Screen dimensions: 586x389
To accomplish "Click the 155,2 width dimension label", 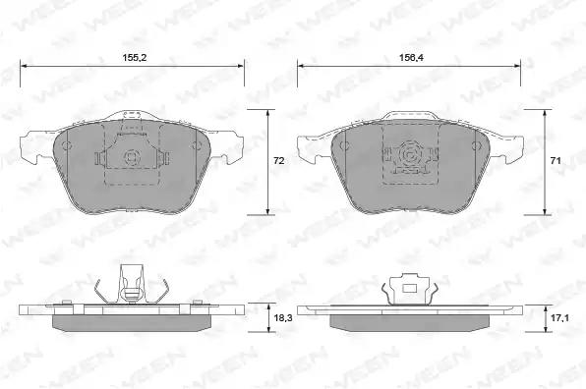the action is [x=135, y=57].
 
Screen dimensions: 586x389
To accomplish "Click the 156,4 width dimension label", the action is [x=411, y=57].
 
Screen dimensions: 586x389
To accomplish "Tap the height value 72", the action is [x=279, y=160].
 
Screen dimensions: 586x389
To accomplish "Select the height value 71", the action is [x=556, y=160].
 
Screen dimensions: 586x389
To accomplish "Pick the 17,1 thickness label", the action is [x=559, y=318].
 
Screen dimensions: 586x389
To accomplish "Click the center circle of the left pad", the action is [x=131, y=156].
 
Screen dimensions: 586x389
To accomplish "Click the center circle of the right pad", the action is [x=408, y=154].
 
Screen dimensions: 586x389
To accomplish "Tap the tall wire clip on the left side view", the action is [x=131, y=285].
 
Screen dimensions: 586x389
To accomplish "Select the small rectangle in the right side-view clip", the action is [x=410, y=288].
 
